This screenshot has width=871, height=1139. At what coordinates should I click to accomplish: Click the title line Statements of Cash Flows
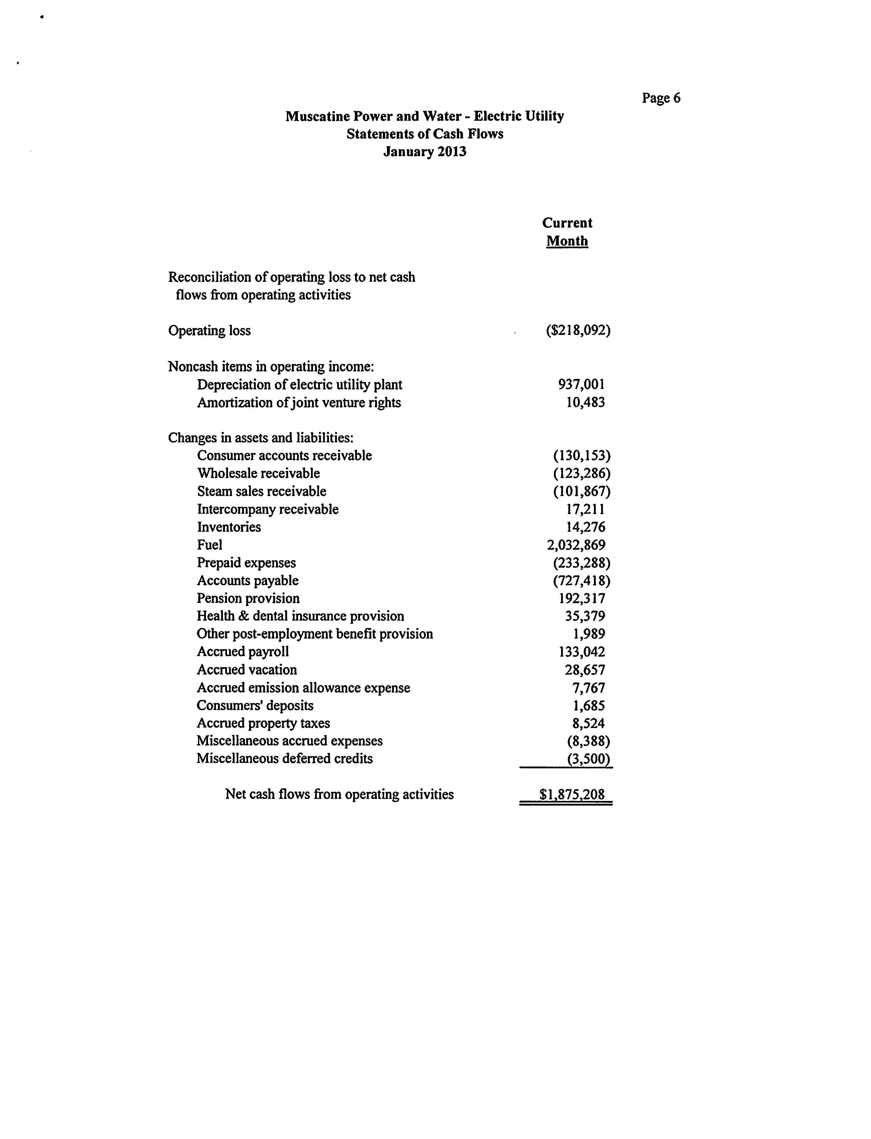425,134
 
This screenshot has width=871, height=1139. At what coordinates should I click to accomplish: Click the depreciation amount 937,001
581,384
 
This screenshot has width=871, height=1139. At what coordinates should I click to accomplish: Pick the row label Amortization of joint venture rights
299,403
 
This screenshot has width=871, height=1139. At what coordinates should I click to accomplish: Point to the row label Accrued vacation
247,670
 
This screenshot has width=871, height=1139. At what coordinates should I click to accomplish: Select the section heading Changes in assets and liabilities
261,438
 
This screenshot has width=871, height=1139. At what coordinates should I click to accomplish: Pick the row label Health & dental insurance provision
300,616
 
